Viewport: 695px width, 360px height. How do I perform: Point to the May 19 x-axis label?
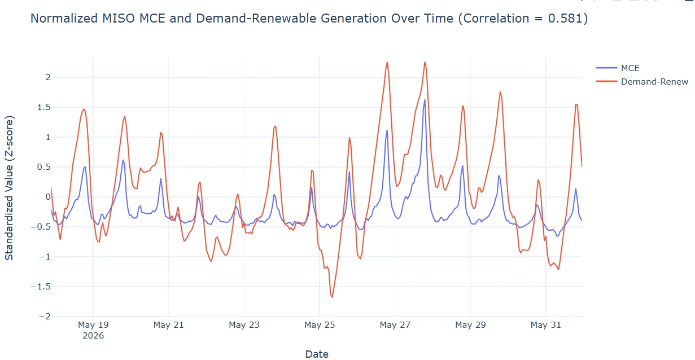tap(93, 325)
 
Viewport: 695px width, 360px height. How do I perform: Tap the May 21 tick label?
tap(168, 325)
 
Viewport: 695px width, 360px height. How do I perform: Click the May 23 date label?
tap(244, 325)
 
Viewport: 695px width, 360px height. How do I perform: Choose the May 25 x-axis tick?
tap(320, 325)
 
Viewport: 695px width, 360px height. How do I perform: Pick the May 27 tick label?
tap(395, 325)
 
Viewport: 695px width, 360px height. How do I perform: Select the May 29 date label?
tap(470, 325)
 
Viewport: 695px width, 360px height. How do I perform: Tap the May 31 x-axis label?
tap(546, 325)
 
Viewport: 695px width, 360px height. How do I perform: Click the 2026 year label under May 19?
tap(93, 336)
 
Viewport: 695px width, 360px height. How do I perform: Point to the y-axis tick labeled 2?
tap(48, 77)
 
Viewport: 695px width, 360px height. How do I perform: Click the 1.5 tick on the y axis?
tap(43, 107)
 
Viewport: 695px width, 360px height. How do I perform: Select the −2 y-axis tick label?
tap(45, 317)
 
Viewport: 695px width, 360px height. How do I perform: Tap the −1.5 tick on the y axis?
tap(41, 287)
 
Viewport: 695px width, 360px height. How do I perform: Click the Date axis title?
tap(317, 354)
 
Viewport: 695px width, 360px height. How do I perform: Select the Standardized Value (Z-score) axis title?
tap(9, 188)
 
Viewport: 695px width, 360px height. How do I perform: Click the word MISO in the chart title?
tap(118, 18)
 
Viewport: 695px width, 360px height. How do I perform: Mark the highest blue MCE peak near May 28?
tap(425, 100)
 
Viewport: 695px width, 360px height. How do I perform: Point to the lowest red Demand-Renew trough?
tap(332, 297)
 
